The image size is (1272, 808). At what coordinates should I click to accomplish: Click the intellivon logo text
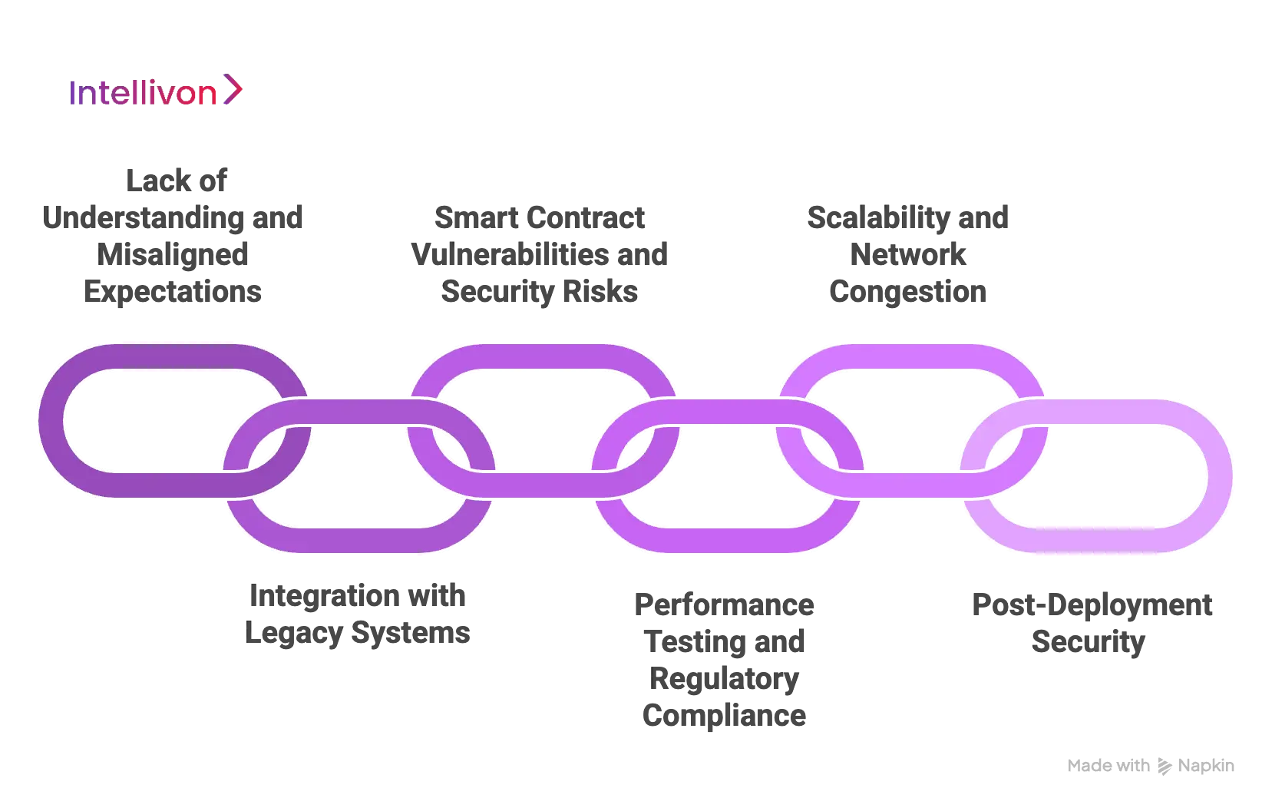(x=143, y=92)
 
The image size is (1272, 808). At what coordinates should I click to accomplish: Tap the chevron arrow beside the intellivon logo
(x=233, y=90)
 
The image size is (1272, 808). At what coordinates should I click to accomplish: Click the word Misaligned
(x=175, y=256)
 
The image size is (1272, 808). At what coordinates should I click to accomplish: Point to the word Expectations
(x=172, y=293)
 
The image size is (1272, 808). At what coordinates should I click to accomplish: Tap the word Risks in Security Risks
(x=600, y=293)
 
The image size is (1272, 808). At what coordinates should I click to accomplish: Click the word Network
(x=907, y=256)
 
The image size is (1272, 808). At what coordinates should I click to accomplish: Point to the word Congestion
(x=908, y=293)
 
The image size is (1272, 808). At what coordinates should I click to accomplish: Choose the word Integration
(x=315, y=595)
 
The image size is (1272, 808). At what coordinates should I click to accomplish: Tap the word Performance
(x=724, y=606)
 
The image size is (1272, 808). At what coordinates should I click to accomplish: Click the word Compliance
(x=724, y=717)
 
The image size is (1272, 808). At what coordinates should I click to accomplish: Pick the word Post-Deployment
(x=1092, y=606)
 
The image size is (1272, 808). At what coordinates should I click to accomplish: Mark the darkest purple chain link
(x=54, y=421)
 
